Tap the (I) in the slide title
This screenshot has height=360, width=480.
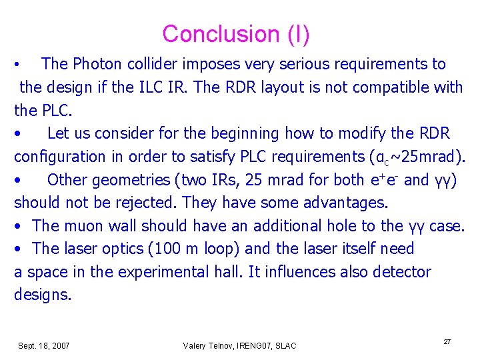pyautogui.click(x=296, y=34)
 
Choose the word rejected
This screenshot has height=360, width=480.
pyautogui.click(x=145, y=203)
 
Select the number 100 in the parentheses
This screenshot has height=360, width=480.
pyautogui.click(x=164, y=249)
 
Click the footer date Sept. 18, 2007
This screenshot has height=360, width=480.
pyautogui.click(x=44, y=345)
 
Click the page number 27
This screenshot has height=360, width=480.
pyautogui.click(x=447, y=341)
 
